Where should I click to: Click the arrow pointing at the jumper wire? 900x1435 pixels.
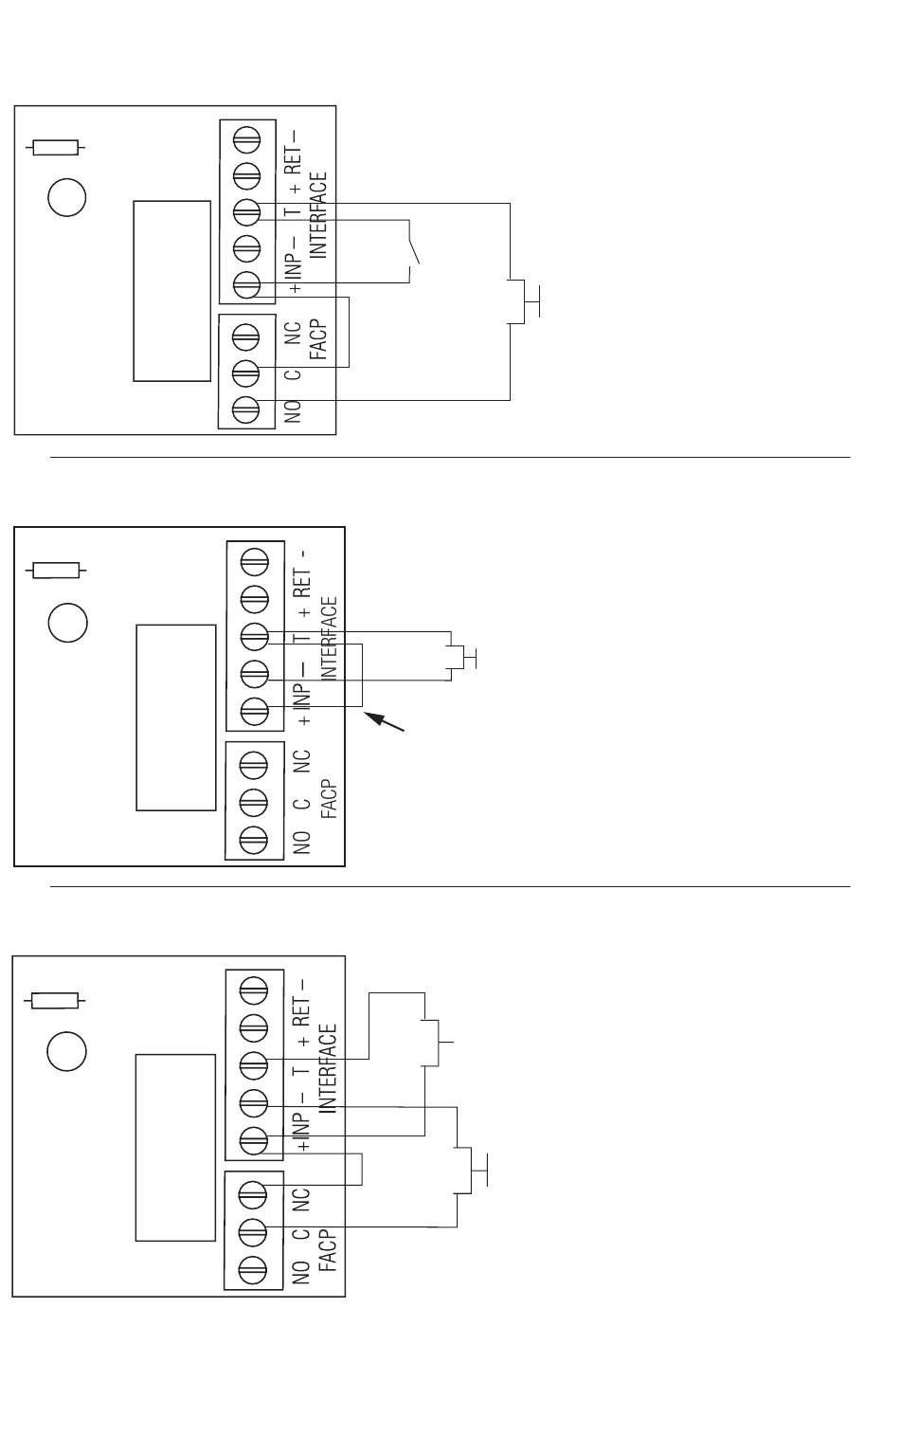pyautogui.click(x=386, y=722)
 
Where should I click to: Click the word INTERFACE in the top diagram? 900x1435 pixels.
pyautogui.click(x=318, y=214)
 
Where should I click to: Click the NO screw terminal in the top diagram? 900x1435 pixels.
pyautogui.click(x=245, y=409)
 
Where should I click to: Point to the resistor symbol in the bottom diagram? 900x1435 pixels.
pyautogui.click(x=56, y=1001)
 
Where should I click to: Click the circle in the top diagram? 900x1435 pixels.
pyautogui.click(x=66, y=198)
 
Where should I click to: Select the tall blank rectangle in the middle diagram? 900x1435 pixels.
pyautogui.click(x=176, y=717)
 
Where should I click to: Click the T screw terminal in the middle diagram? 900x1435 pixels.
pyautogui.click(x=254, y=634)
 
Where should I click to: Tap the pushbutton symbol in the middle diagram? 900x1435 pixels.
pyautogui.click(x=462, y=657)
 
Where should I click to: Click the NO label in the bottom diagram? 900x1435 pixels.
pyautogui.click(x=301, y=1270)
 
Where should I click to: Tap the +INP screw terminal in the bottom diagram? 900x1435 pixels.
pyautogui.click(x=253, y=1140)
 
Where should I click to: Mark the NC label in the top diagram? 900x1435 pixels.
pyautogui.click(x=293, y=334)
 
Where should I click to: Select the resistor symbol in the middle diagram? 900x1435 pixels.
pyautogui.click(x=56, y=571)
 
